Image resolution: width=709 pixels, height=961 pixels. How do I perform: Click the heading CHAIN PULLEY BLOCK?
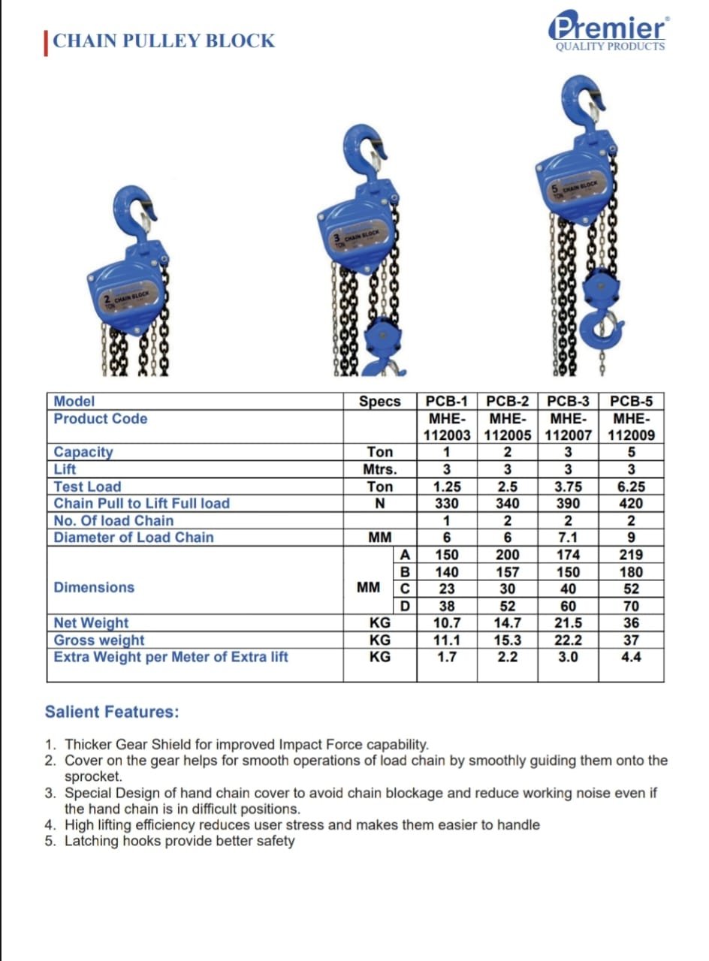(164, 41)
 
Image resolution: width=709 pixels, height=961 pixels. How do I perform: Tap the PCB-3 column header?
(568, 402)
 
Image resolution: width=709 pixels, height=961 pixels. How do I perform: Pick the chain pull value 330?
(446, 504)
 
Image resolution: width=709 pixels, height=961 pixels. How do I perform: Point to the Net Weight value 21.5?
(568, 623)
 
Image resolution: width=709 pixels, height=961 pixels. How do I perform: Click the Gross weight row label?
(99, 640)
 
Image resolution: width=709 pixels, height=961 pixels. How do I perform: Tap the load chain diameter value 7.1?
(568, 538)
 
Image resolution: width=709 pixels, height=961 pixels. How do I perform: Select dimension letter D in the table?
(405, 606)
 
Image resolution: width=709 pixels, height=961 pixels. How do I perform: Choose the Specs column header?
(380, 402)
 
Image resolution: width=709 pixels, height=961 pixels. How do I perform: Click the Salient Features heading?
(112, 712)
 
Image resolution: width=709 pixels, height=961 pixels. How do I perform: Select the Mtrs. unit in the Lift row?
(380, 469)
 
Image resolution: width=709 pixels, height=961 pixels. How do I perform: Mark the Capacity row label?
(83, 452)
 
